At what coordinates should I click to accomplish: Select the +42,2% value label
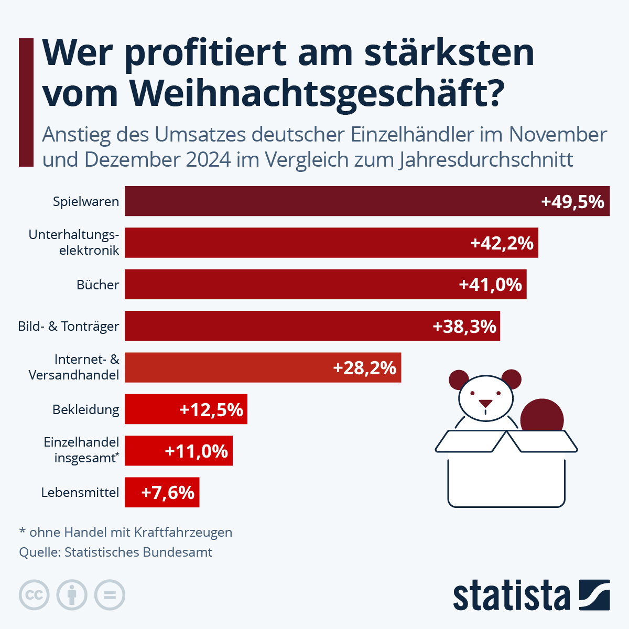click(502, 243)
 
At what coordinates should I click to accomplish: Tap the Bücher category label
click(97, 285)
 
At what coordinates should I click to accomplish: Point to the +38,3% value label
click(464, 327)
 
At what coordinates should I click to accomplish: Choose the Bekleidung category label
click(85, 410)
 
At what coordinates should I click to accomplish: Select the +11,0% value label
click(196, 451)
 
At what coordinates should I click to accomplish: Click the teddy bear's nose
click(486, 404)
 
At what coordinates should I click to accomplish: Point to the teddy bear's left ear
click(459, 379)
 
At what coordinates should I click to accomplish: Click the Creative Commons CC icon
click(34, 595)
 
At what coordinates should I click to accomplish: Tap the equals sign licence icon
click(110, 595)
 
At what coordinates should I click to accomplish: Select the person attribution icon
click(72, 595)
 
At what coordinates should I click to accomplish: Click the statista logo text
click(511, 595)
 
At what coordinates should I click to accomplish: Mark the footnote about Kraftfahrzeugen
click(126, 533)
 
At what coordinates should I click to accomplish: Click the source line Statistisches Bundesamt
click(116, 552)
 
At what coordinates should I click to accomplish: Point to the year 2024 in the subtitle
click(209, 159)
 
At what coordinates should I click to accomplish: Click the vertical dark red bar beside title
click(26, 103)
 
